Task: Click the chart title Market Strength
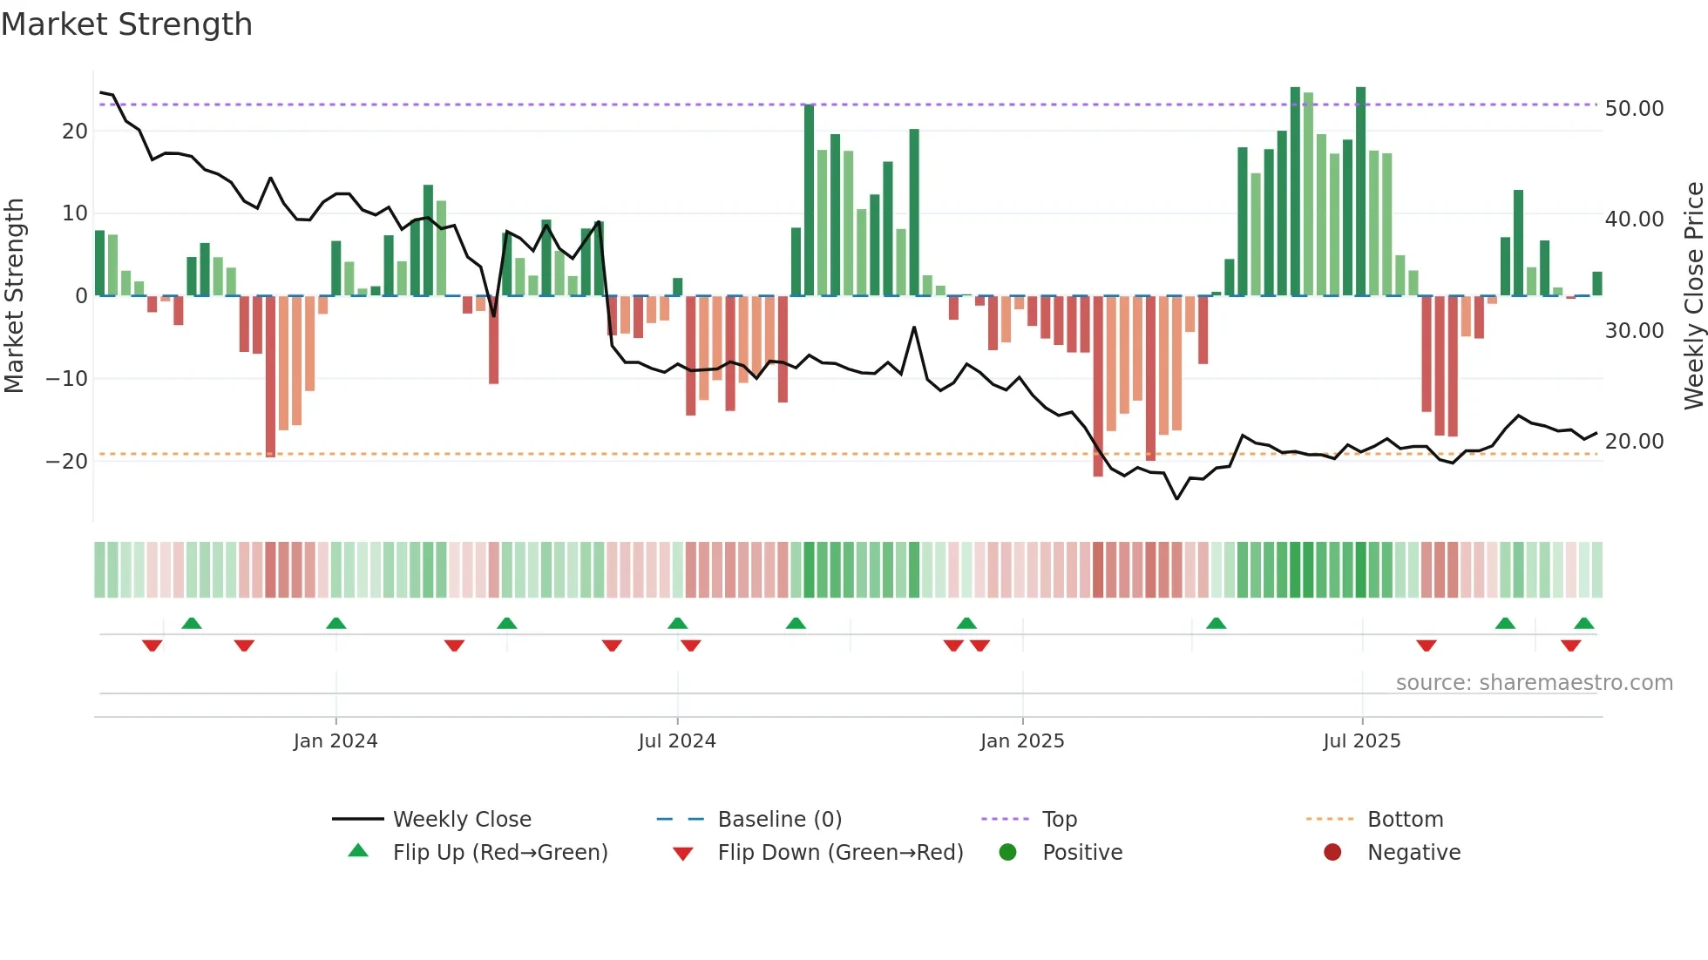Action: point(126,24)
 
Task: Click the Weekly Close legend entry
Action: point(461,819)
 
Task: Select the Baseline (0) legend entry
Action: point(779,819)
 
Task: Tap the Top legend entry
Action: point(1059,819)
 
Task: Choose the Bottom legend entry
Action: point(1405,819)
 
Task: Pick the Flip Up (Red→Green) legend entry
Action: point(499,852)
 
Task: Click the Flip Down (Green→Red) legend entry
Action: point(840,852)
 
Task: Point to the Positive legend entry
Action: point(1081,852)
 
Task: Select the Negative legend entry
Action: point(1413,852)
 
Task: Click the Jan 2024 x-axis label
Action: point(335,740)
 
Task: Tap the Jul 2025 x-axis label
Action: point(1361,740)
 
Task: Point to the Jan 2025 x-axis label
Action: point(1022,740)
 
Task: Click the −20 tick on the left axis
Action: point(68,462)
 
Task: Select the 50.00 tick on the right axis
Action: point(1634,109)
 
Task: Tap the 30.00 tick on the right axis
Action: point(1634,331)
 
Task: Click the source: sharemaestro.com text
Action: point(1534,682)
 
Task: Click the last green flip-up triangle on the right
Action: point(1584,623)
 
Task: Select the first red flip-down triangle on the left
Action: point(152,646)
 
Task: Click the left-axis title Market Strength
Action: point(15,296)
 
